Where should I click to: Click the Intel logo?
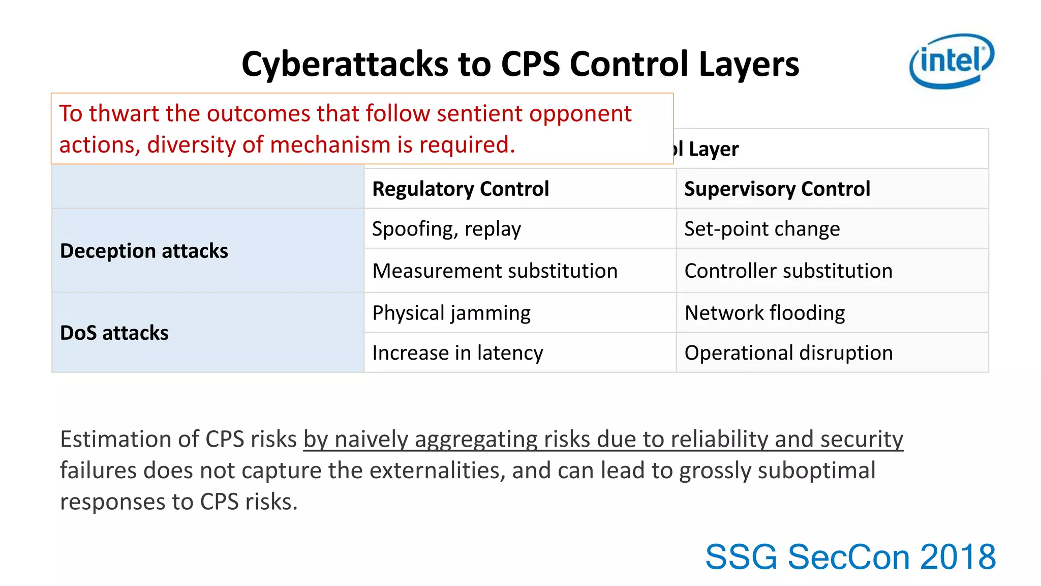click(x=951, y=61)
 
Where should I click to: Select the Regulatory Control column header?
click(x=461, y=189)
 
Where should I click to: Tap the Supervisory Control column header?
click(x=777, y=189)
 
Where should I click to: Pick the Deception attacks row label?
click(x=144, y=251)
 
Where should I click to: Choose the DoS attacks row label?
click(x=114, y=333)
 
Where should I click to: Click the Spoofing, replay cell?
click(x=446, y=229)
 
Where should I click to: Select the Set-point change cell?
click(x=761, y=229)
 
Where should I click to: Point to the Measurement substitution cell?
click(x=495, y=271)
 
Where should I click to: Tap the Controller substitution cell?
click(x=788, y=271)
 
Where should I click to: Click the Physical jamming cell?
click(x=451, y=313)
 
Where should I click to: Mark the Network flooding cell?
click(x=764, y=313)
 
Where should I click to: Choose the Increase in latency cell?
click(x=457, y=353)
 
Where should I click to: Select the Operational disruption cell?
click(x=788, y=353)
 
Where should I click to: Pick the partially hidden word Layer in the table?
click(x=713, y=149)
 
